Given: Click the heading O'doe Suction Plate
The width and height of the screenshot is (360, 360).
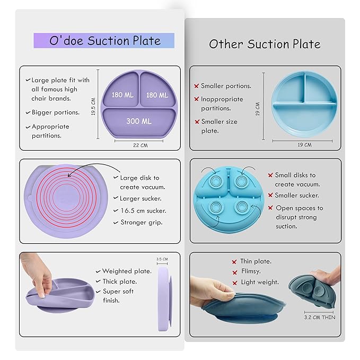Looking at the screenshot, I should click(x=104, y=41).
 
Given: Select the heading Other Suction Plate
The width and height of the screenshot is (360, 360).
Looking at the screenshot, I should click(x=265, y=43).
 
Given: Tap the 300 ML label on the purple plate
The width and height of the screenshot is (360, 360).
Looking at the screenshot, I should click(x=139, y=121).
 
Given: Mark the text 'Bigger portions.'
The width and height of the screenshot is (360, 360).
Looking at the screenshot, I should click(x=55, y=112).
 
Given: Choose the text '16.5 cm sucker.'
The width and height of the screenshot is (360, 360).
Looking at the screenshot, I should click(x=143, y=211).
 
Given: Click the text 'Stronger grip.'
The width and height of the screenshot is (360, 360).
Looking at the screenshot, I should click(x=142, y=222).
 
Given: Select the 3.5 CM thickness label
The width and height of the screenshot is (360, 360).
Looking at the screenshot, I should click(x=162, y=259).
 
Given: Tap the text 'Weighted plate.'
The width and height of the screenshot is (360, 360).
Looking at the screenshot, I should click(x=127, y=271).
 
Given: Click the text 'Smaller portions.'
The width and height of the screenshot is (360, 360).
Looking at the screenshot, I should click(x=226, y=86).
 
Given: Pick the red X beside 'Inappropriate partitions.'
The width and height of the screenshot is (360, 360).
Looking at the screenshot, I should click(x=196, y=100).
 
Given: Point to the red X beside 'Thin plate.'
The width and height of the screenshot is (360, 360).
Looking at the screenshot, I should click(x=234, y=262).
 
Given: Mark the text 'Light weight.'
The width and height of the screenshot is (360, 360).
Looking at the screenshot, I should click(x=259, y=282).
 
